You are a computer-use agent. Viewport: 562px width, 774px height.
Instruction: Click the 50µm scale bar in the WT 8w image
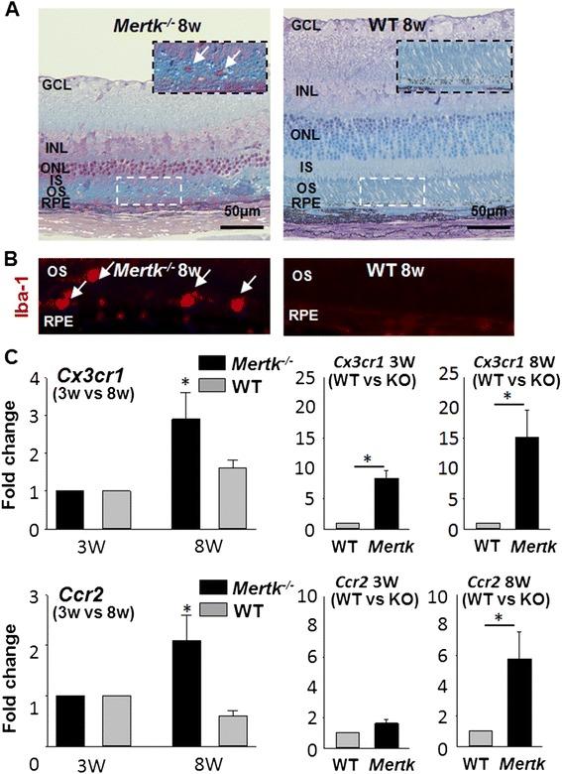[491, 227]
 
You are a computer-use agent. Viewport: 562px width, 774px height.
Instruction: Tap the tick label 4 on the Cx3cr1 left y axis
[34, 380]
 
